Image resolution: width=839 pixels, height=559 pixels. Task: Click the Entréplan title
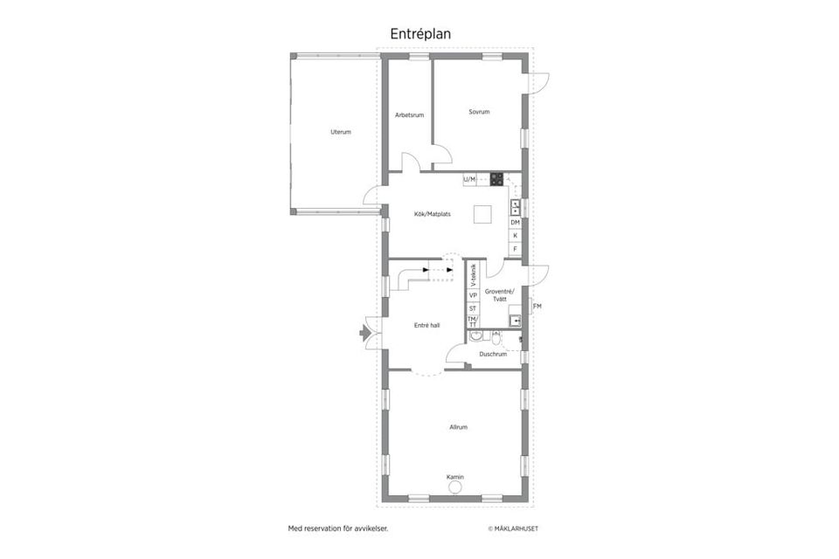(420, 32)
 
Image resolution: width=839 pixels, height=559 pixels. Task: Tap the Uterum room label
(341, 132)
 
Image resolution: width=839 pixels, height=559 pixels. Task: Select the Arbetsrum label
(409, 114)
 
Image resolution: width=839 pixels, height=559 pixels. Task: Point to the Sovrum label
(478, 112)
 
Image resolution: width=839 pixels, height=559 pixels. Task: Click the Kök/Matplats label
(433, 213)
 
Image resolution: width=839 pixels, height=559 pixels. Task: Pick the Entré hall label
(426, 325)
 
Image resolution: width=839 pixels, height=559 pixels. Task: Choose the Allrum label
(458, 427)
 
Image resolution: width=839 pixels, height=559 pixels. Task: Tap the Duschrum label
(493, 354)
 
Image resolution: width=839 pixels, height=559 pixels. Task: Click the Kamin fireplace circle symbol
(455, 489)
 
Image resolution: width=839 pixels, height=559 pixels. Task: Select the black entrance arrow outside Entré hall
(364, 332)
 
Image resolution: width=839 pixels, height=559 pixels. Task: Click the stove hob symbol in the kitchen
(496, 179)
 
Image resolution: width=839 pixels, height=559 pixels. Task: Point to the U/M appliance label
(470, 180)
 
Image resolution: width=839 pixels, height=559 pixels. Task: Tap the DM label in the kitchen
(516, 223)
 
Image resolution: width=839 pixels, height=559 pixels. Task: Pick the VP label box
(473, 295)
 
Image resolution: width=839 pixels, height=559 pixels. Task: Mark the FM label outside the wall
(537, 306)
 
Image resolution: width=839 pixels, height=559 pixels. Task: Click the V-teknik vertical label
(473, 275)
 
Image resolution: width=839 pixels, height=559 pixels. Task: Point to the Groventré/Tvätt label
(500, 295)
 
